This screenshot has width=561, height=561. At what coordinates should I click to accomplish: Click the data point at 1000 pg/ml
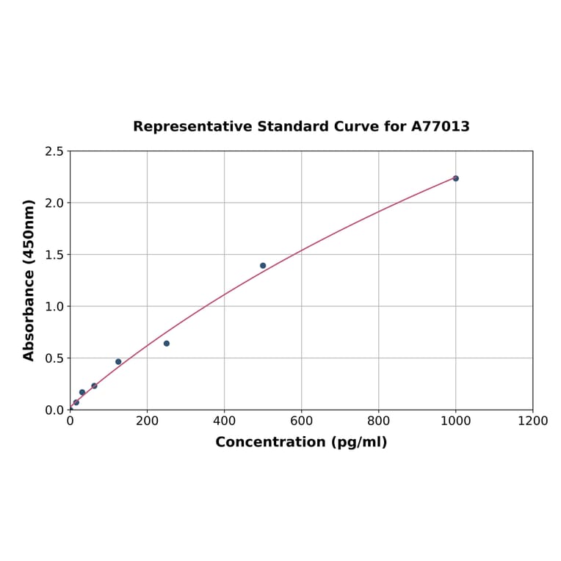click(455, 178)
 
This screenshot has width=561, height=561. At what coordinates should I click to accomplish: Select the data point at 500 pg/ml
click(263, 266)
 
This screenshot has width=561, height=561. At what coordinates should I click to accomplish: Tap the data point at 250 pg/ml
click(167, 343)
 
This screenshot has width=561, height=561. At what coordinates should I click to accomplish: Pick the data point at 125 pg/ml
click(118, 361)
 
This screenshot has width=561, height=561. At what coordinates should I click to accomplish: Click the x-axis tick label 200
click(147, 421)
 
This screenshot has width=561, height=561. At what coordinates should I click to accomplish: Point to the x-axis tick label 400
click(224, 421)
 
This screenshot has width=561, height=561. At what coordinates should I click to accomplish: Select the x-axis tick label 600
click(301, 421)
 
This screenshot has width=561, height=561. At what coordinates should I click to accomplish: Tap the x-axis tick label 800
click(378, 421)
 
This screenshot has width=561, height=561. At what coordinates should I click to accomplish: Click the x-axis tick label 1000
click(455, 421)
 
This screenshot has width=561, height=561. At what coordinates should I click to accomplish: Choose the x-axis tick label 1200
click(532, 421)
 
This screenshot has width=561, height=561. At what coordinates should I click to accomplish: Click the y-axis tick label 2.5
click(54, 151)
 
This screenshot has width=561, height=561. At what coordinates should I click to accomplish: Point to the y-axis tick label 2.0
click(54, 203)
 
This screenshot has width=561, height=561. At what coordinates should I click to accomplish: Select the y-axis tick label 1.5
click(54, 255)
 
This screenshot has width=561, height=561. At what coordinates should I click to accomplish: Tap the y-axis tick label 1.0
click(54, 306)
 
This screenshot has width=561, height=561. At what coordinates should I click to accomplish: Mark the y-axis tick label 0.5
click(54, 358)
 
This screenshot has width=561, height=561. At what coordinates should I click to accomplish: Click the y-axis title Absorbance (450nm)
click(29, 280)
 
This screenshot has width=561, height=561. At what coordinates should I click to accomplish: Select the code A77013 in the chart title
click(440, 126)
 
